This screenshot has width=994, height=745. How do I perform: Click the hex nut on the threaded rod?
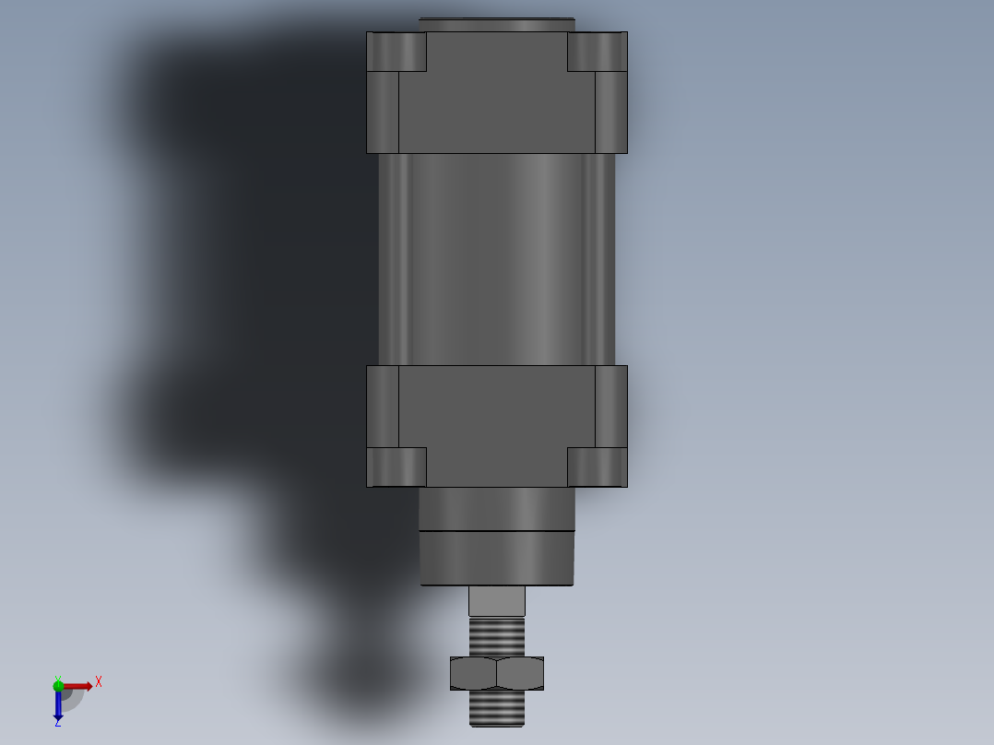496,673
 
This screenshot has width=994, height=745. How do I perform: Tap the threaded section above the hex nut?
496,636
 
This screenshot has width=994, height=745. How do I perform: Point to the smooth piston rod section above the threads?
496,601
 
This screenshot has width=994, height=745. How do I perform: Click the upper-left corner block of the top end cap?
396,52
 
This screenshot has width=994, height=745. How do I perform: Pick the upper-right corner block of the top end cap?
597,52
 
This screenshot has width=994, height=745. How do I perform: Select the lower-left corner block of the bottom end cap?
396,467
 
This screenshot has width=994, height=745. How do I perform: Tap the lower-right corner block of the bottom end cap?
597,467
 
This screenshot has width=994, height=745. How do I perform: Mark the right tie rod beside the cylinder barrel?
600,258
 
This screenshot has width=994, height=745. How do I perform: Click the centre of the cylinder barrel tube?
496,258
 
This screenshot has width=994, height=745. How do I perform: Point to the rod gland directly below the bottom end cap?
496,509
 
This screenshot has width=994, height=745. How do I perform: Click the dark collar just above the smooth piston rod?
496,560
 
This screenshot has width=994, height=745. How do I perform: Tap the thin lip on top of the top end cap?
496,24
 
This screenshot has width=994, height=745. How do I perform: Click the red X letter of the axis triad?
99,681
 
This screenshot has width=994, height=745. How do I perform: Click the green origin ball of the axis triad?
58,685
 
